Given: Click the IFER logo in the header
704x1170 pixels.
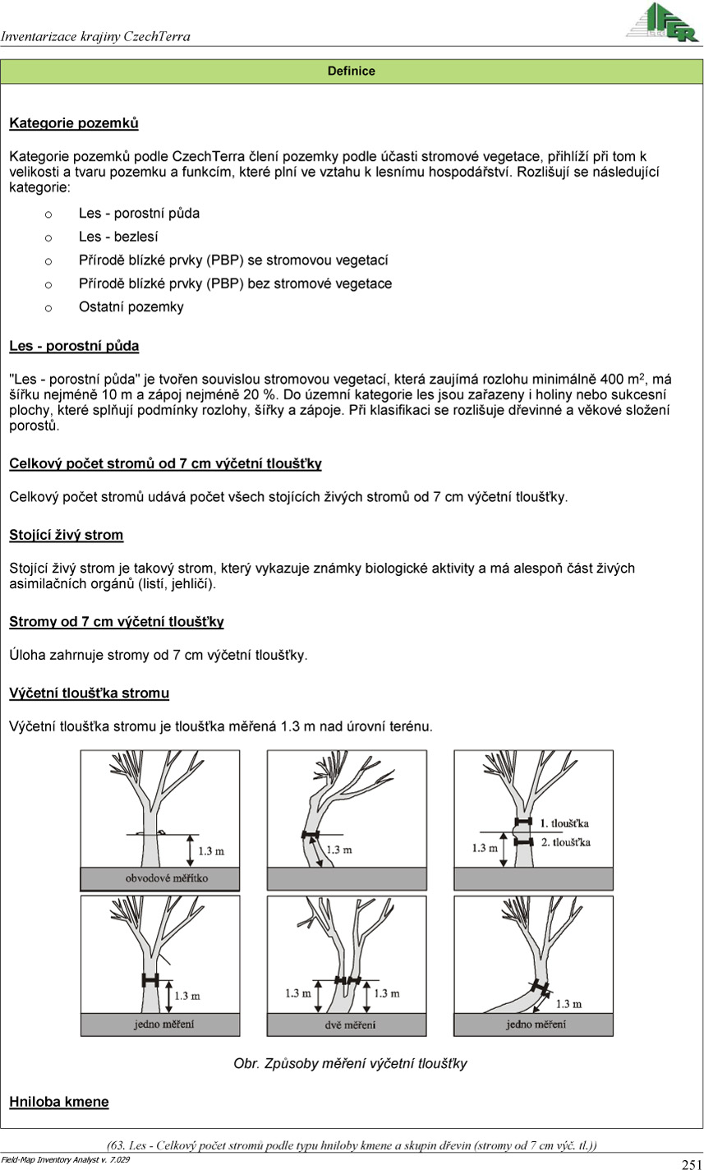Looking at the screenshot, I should point(664,22).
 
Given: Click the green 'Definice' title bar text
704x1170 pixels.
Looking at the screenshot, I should point(351,71).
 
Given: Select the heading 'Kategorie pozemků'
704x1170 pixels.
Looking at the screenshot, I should point(74,124).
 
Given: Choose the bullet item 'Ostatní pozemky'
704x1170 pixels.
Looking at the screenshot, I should point(131,307).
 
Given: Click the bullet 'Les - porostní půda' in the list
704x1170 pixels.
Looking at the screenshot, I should point(139,214).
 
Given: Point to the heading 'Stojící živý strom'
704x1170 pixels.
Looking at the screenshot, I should point(67,536).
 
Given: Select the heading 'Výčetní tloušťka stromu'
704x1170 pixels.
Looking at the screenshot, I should point(90,693).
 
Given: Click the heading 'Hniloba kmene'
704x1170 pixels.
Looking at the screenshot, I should point(59,1102).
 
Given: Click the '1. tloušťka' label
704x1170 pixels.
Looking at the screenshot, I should point(564,822).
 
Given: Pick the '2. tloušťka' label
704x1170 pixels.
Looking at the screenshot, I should point(566,842).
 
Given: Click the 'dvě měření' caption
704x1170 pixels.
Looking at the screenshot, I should point(351,1025).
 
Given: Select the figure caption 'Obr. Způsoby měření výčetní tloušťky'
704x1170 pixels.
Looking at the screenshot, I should point(351,1064).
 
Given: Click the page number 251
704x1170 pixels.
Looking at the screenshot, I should point(691,1163).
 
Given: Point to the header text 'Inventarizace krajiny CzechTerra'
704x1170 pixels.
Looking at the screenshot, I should point(95,36).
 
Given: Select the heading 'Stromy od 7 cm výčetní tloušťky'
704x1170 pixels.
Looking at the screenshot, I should point(117,622).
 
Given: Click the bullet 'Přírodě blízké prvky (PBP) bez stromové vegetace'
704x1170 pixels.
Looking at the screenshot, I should point(235,284).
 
